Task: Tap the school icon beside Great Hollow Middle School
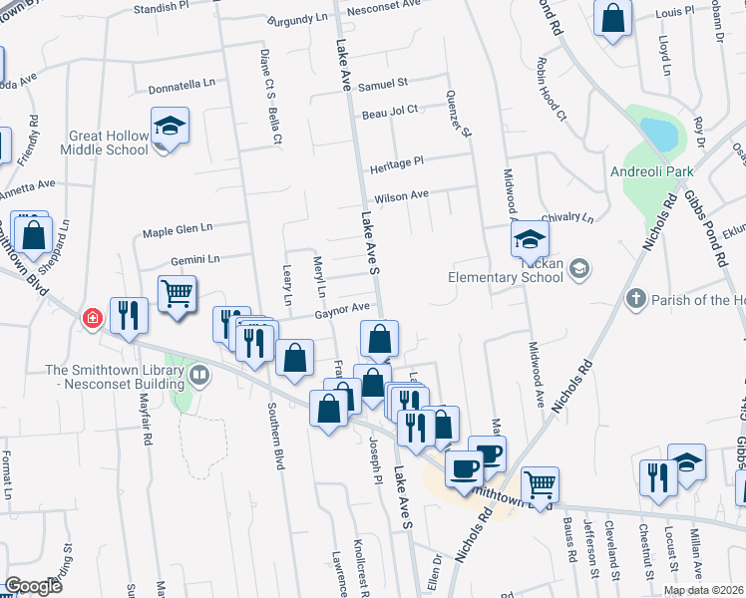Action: (x=171, y=127)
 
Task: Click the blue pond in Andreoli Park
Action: (x=658, y=133)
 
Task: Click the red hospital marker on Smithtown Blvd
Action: (x=92, y=318)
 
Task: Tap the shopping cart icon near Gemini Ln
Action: (x=177, y=294)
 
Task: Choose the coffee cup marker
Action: (x=464, y=467)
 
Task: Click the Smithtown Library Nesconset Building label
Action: (x=116, y=375)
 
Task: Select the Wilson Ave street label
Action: (x=402, y=195)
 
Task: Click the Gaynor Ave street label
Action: (x=343, y=309)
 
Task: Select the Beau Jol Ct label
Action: (x=389, y=111)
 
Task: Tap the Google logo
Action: (x=32, y=586)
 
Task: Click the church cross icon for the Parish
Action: (x=635, y=298)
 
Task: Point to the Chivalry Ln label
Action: (x=566, y=217)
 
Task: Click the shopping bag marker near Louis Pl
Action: (x=612, y=18)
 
